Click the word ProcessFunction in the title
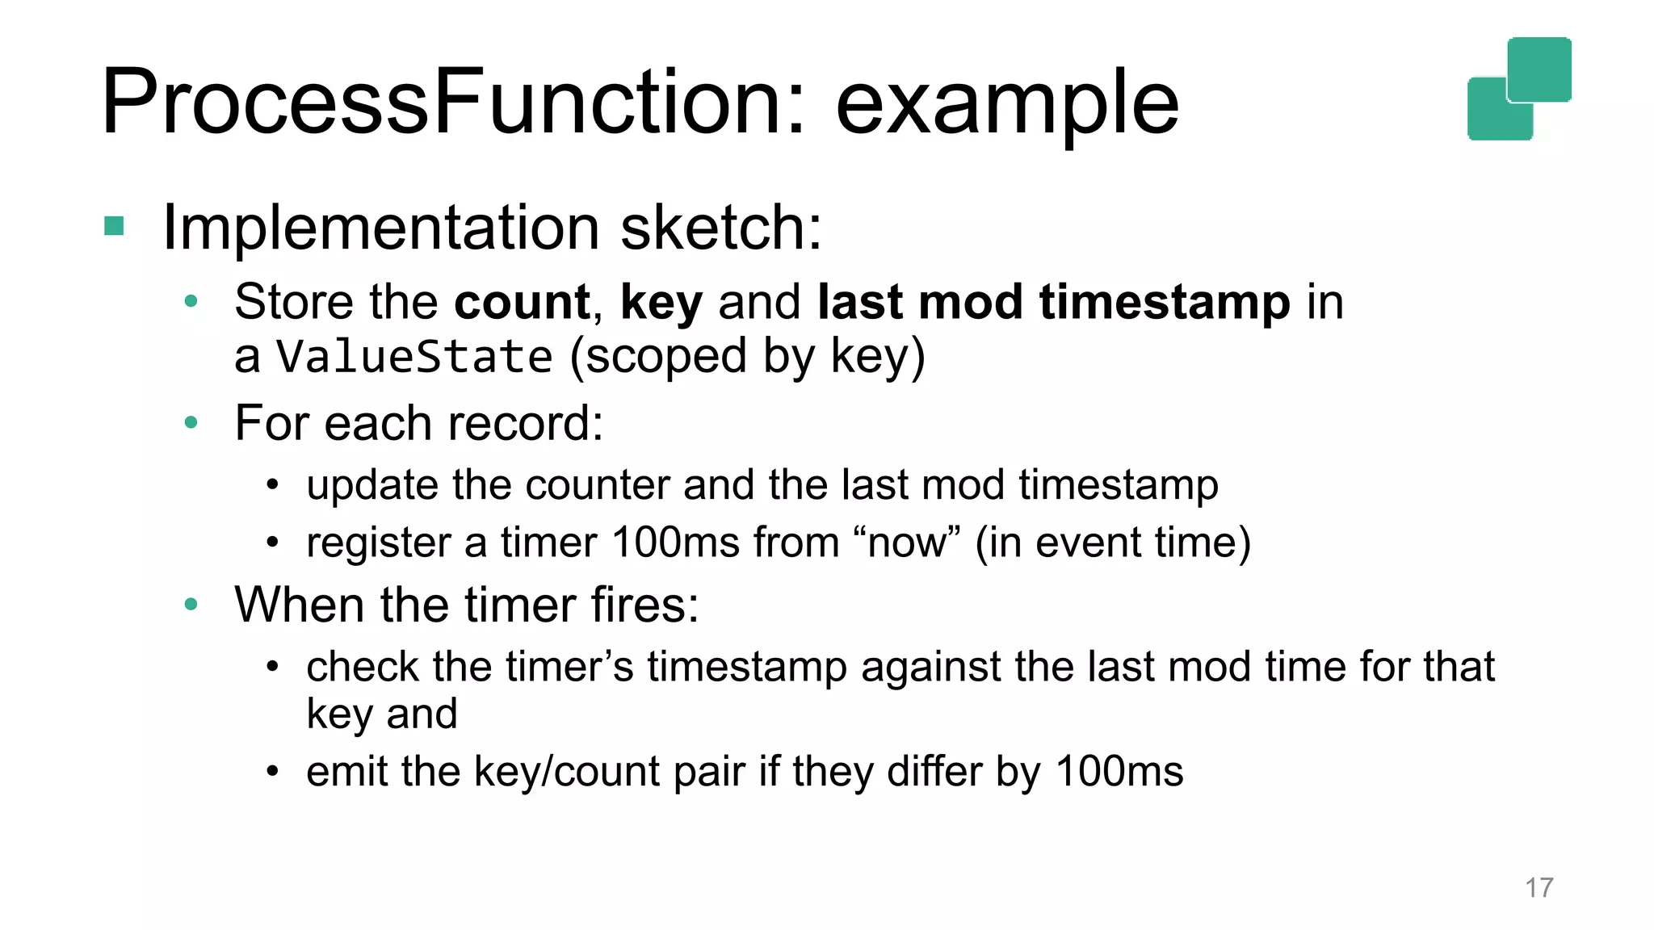click(452, 103)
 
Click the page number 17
click(1539, 887)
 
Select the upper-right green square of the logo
click(1539, 69)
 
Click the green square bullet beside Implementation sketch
click(114, 226)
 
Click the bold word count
click(522, 302)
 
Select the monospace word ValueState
click(414, 357)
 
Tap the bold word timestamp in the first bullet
click(1165, 302)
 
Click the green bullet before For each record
click(191, 422)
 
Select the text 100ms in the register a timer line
click(675, 542)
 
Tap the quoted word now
click(906, 542)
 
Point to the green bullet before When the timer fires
click(191, 604)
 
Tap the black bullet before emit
click(273, 772)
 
